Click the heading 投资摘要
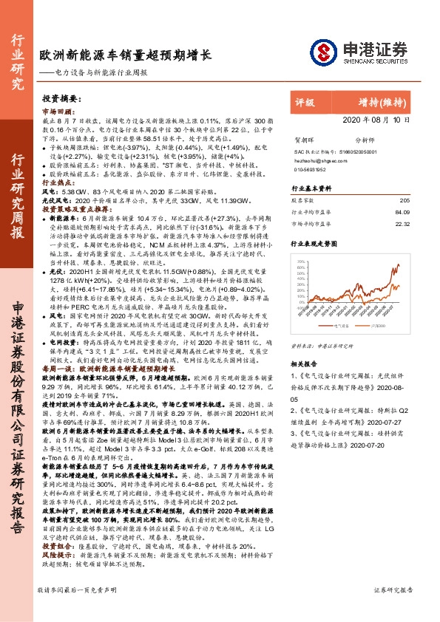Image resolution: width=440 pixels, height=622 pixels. click(x=61, y=98)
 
